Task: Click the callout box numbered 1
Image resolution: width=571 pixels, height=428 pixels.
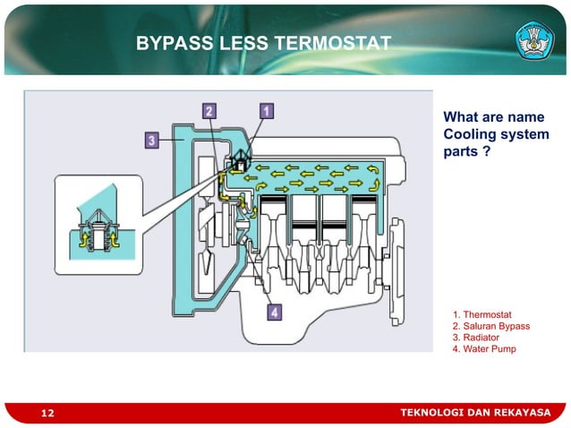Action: pos(266,111)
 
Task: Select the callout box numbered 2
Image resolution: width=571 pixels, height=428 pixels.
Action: pos(208,111)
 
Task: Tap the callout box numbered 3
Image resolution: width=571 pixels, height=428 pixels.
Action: pos(152,141)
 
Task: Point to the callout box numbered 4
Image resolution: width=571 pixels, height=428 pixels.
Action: pos(274,312)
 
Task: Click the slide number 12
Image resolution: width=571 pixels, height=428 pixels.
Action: pos(47,413)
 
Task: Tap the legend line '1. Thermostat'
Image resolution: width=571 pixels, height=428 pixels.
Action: pos(482,314)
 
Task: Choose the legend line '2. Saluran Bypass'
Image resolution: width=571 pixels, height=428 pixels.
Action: pos(491,326)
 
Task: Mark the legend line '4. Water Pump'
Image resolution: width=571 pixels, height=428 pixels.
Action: pos(484,349)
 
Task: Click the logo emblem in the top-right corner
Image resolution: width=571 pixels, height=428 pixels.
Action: pos(534,39)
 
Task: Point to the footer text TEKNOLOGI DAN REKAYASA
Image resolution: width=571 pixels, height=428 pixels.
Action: pos(474,412)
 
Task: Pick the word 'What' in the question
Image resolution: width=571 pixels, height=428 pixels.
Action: pos(462,116)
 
